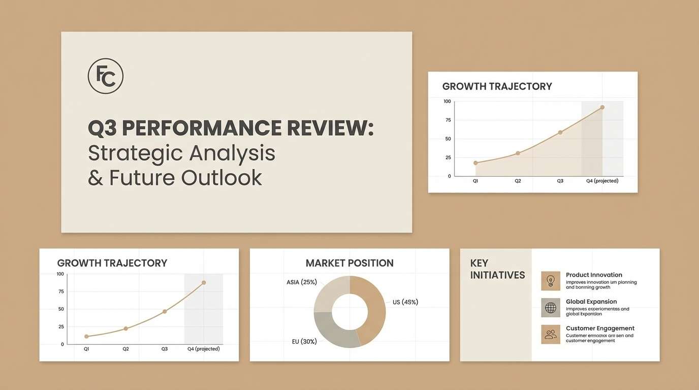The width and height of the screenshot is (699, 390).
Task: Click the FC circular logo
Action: pyautogui.click(x=106, y=76)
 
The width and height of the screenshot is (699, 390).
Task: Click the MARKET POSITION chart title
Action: pyautogui.click(x=349, y=263)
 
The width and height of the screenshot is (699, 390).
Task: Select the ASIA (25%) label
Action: pyautogui.click(x=301, y=282)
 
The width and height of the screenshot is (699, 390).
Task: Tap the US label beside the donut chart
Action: pyautogui.click(x=405, y=302)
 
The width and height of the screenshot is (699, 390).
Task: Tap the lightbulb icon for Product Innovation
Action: pyautogui.click(x=551, y=281)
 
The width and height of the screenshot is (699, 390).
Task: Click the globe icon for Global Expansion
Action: pyautogui.click(x=551, y=308)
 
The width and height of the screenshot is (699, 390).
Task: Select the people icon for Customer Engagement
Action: pyautogui.click(x=551, y=335)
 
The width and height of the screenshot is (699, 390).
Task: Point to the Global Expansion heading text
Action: pyautogui.click(x=591, y=302)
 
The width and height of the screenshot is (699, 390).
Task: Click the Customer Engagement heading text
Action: pyautogui.click(x=600, y=329)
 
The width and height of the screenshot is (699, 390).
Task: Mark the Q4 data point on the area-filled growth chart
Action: pyautogui.click(x=602, y=107)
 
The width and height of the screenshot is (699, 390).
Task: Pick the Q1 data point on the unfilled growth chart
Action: pyautogui.click(x=86, y=336)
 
